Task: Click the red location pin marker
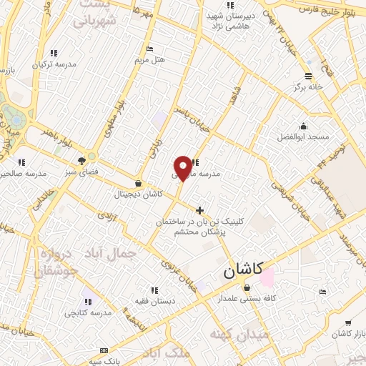coord(183,167)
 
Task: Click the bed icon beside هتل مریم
coord(149,49)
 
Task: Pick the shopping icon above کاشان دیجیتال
coord(138,184)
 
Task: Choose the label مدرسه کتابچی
coord(88,312)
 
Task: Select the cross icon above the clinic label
coord(199,210)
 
